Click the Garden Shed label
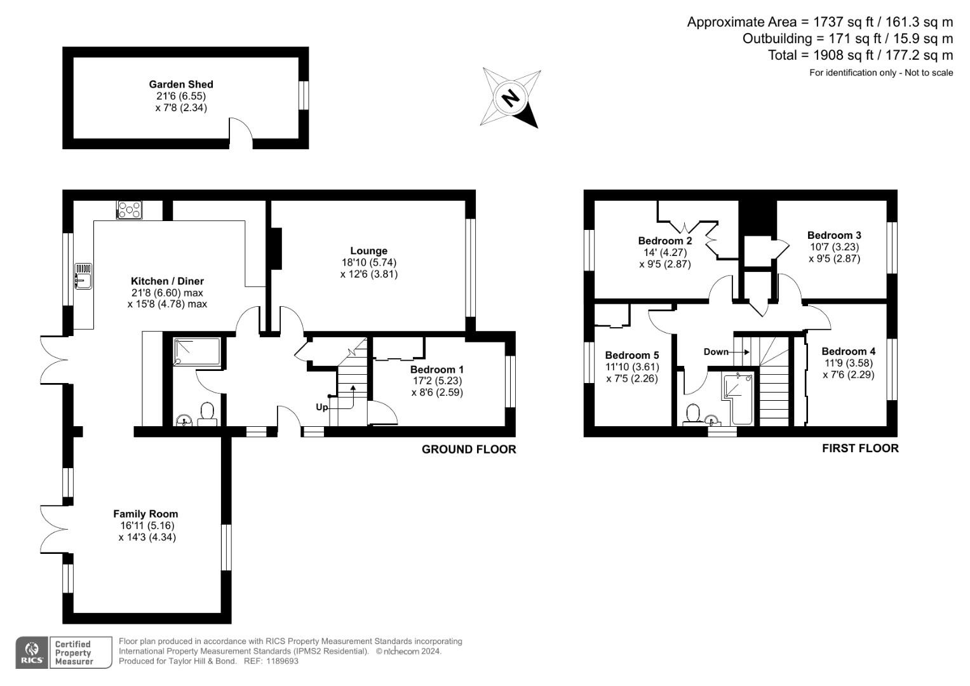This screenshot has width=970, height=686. [x=181, y=84]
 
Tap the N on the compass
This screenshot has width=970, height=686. [x=509, y=98]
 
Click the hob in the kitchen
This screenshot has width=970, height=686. [x=130, y=209]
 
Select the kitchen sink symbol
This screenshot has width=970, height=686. [x=83, y=276]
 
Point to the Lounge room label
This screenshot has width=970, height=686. [x=368, y=251]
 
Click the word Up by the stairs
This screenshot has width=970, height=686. [x=322, y=407]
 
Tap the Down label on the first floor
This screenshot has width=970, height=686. [x=716, y=351]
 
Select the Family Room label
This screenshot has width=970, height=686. [x=145, y=514]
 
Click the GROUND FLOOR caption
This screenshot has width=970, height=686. [x=469, y=449]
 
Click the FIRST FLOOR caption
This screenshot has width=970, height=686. [x=860, y=448]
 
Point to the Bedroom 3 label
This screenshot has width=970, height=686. [x=834, y=235]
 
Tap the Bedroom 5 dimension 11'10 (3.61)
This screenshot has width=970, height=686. [x=632, y=367]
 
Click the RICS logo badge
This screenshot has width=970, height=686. [x=31, y=652]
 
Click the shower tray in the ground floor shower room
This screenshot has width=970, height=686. [x=197, y=352]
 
